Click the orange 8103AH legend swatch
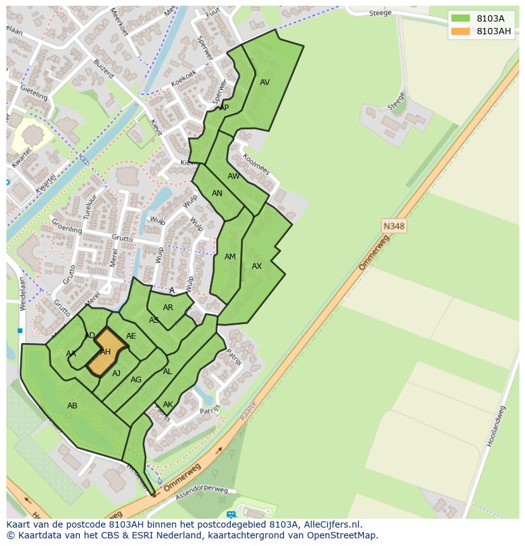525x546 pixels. click(461, 31)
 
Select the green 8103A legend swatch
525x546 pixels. click(461, 18)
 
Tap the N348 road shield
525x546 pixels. click(394, 226)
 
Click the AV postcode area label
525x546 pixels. click(265, 82)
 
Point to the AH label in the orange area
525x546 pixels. click(105, 352)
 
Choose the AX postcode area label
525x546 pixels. click(257, 266)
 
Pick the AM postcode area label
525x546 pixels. click(230, 257)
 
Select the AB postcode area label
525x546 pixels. click(72, 405)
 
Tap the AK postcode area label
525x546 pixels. click(168, 405)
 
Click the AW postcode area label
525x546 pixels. click(234, 176)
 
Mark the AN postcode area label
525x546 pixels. click(217, 193)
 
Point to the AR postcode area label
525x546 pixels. click(168, 308)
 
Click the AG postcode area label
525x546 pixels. click(136, 380)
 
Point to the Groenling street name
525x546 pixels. click(67, 227)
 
